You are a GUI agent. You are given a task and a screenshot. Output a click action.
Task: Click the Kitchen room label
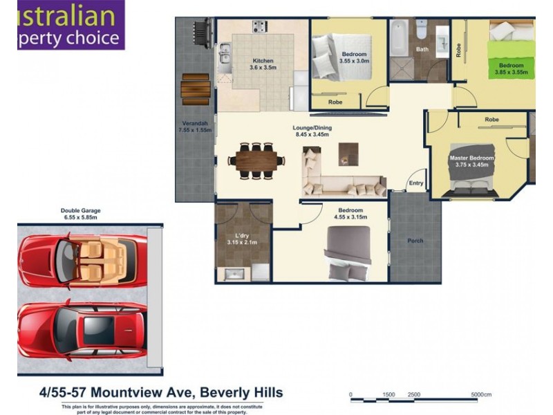(x=263, y=61)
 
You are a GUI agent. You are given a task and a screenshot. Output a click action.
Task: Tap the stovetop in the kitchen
(x=260, y=28)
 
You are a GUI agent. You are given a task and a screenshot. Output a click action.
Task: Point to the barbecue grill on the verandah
(x=200, y=33)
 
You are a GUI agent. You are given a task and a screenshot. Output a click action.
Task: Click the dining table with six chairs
(x=256, y=160)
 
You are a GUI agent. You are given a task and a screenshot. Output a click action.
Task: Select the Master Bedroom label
(x=472, y=158)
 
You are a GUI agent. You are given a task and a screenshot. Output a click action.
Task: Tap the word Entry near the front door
(x=416, y=183)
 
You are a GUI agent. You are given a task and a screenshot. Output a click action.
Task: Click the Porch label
(x=415, y=241)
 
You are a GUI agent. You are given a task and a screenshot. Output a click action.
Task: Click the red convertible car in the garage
(x=83, y=258)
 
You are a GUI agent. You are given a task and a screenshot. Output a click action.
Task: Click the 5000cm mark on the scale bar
(x=482, y=394)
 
